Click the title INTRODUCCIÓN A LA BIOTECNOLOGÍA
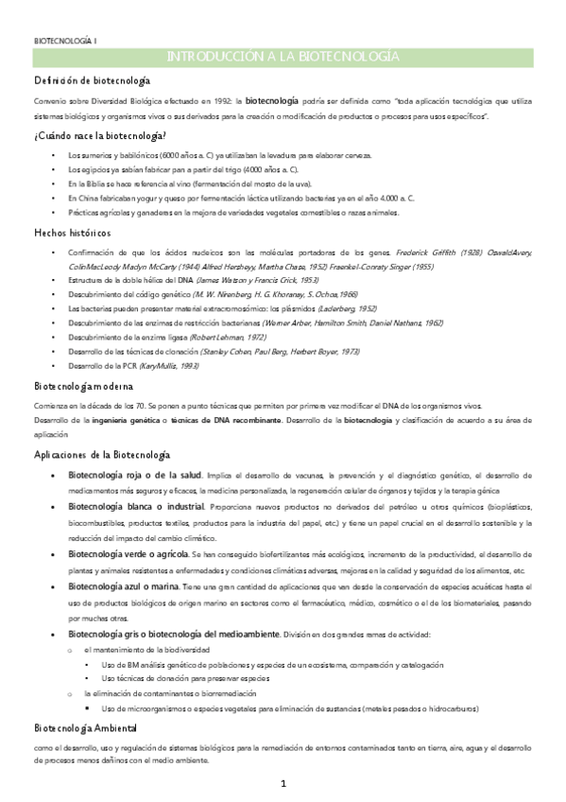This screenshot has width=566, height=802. point(283,58)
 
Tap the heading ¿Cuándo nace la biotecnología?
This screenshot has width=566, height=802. point(100,136)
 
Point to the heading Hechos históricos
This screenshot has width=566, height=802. point(72,233)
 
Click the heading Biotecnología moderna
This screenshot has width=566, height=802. point(83,387)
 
